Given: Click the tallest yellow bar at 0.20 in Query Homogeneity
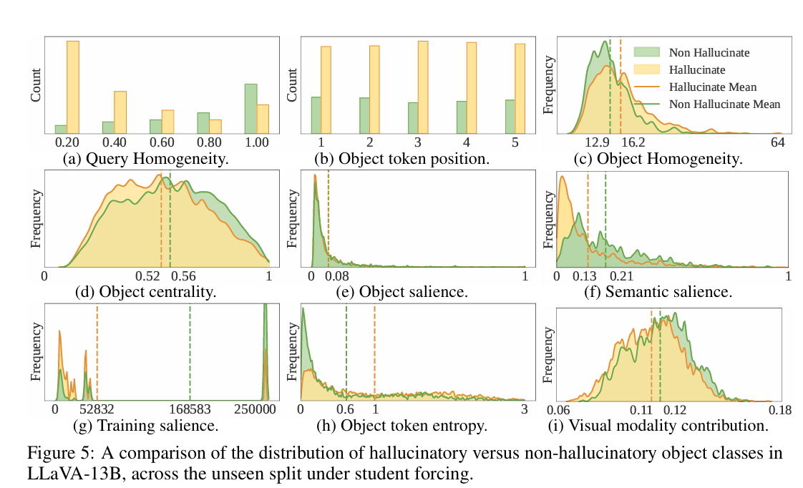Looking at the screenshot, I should pyautogui.click(x=73, y=87).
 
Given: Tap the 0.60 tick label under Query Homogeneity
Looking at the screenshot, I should pyautogui.click(x=162, y=142).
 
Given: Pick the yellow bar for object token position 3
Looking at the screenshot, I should pyautogui.click(x=423, y=87).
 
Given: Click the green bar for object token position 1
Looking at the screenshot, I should pyautogui.click(x=315, y=115).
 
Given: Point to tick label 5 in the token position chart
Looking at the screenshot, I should pyautogui.click(x=515, y=142).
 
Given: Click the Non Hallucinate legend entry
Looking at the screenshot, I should pyautogui.click(x=709, y=52).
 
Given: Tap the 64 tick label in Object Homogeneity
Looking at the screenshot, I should pyautogui.click(x=779, y=142).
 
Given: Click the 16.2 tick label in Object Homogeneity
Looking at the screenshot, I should pyautogui.click(x=632, y=142).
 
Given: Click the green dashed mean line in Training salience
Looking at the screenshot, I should pyautogui.click(x=190, y=351).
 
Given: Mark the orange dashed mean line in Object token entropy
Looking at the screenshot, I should pyautogui.click(x=374, y=351).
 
